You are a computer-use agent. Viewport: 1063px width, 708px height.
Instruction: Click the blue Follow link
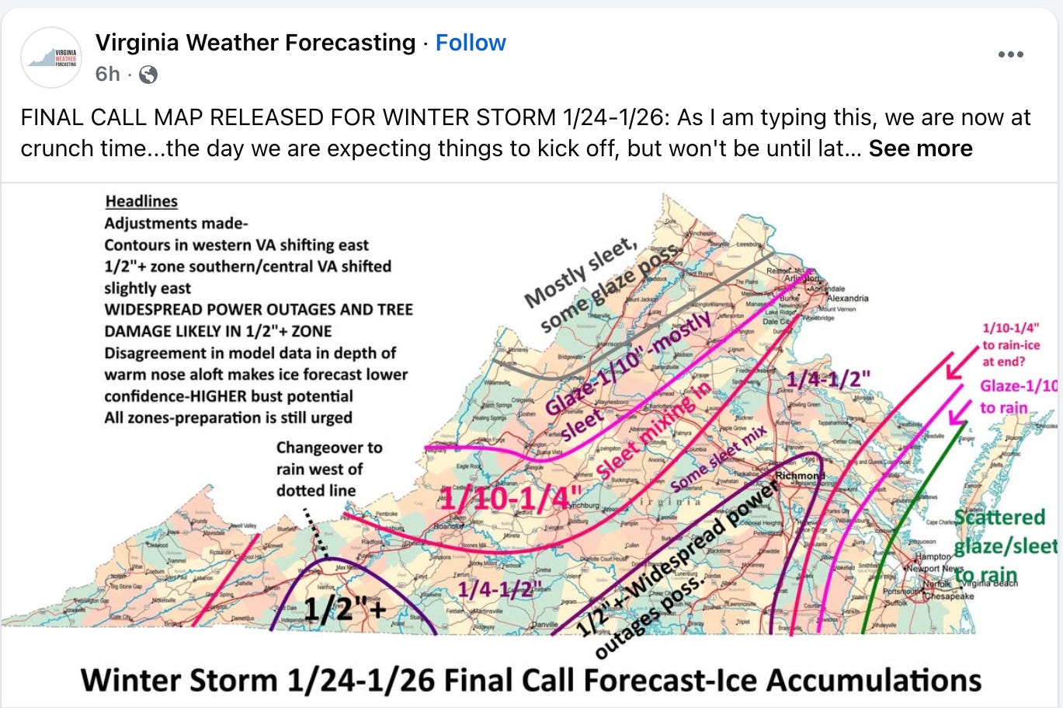click(x=471, y=43)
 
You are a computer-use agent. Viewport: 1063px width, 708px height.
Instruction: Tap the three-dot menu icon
click(x=1010, y=54)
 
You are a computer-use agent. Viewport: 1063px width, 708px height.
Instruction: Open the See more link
click(x=920, y=148)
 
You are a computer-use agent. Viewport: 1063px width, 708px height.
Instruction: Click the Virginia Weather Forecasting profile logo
click(x=52, y=58)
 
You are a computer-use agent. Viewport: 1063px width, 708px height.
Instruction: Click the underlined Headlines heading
click(x=141, y=201)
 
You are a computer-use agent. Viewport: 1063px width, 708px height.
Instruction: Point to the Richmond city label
click(x=799, y=475)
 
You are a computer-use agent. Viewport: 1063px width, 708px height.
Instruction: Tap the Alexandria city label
click(x=847, y=298)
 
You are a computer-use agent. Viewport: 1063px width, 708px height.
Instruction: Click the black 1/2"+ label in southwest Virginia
click(x=344, y=609)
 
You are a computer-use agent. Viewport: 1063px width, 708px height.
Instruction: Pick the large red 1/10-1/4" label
click(x=510, y=498)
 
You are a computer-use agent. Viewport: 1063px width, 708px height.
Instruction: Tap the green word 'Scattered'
click(x=999, y=517)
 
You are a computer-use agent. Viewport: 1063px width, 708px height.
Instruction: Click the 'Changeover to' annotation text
click(x=329, y=448)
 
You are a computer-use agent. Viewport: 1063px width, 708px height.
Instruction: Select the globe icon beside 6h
click(x=148, y=75)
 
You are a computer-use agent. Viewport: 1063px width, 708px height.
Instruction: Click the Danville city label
click(x=544, y=626)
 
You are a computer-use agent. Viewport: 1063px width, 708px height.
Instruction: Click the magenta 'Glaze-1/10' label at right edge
click(x=1018, y=385)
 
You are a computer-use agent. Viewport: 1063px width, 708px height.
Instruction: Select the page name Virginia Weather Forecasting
click(x=255, y=43)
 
